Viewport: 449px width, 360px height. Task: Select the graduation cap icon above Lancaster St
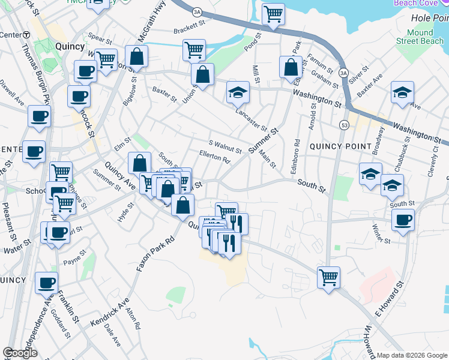click(238, 92)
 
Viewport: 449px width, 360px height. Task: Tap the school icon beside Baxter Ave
click(402, 92)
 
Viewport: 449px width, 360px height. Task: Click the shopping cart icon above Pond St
click(273, 13)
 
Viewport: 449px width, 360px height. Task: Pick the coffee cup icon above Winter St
click(402, 219)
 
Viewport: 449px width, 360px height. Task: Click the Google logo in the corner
click(20, 353)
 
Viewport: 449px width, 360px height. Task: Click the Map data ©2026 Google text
click(412, 355)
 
